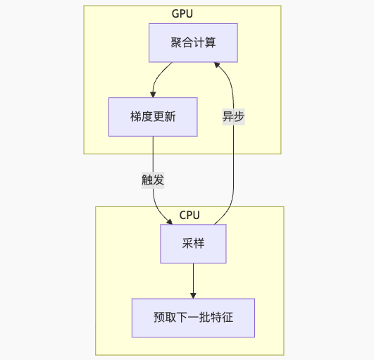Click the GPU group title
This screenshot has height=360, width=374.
click(x=182, y=13)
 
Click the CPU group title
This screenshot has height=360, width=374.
click(x=189, y=215)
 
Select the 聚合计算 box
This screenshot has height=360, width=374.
click(x=193, y=43)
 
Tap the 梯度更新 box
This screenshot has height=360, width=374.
click(x=153, y=117)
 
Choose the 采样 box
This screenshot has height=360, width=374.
click(x=193, y=244)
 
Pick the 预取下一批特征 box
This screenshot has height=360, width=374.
click(x=193, y=318)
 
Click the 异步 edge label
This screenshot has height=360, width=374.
click(x=234, y=117)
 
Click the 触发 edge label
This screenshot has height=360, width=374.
click(x=153, y=180)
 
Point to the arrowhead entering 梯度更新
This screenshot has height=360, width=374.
click(x=153, y=94)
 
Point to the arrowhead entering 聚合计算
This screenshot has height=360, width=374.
click(x=216, y=65)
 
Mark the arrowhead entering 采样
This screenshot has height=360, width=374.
click(x=170, y=222)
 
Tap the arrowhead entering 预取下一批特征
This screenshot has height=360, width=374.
click(x=193, y=296)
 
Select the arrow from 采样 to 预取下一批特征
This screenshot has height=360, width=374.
click(x=193, y=281)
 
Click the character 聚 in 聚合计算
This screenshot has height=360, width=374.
click(x=176, y=43)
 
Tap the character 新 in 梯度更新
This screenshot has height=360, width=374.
click(x=170, y=117)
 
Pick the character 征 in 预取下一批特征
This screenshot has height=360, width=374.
click(x=227, y=318)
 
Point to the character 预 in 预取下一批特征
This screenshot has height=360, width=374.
click(x=159, y=318)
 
